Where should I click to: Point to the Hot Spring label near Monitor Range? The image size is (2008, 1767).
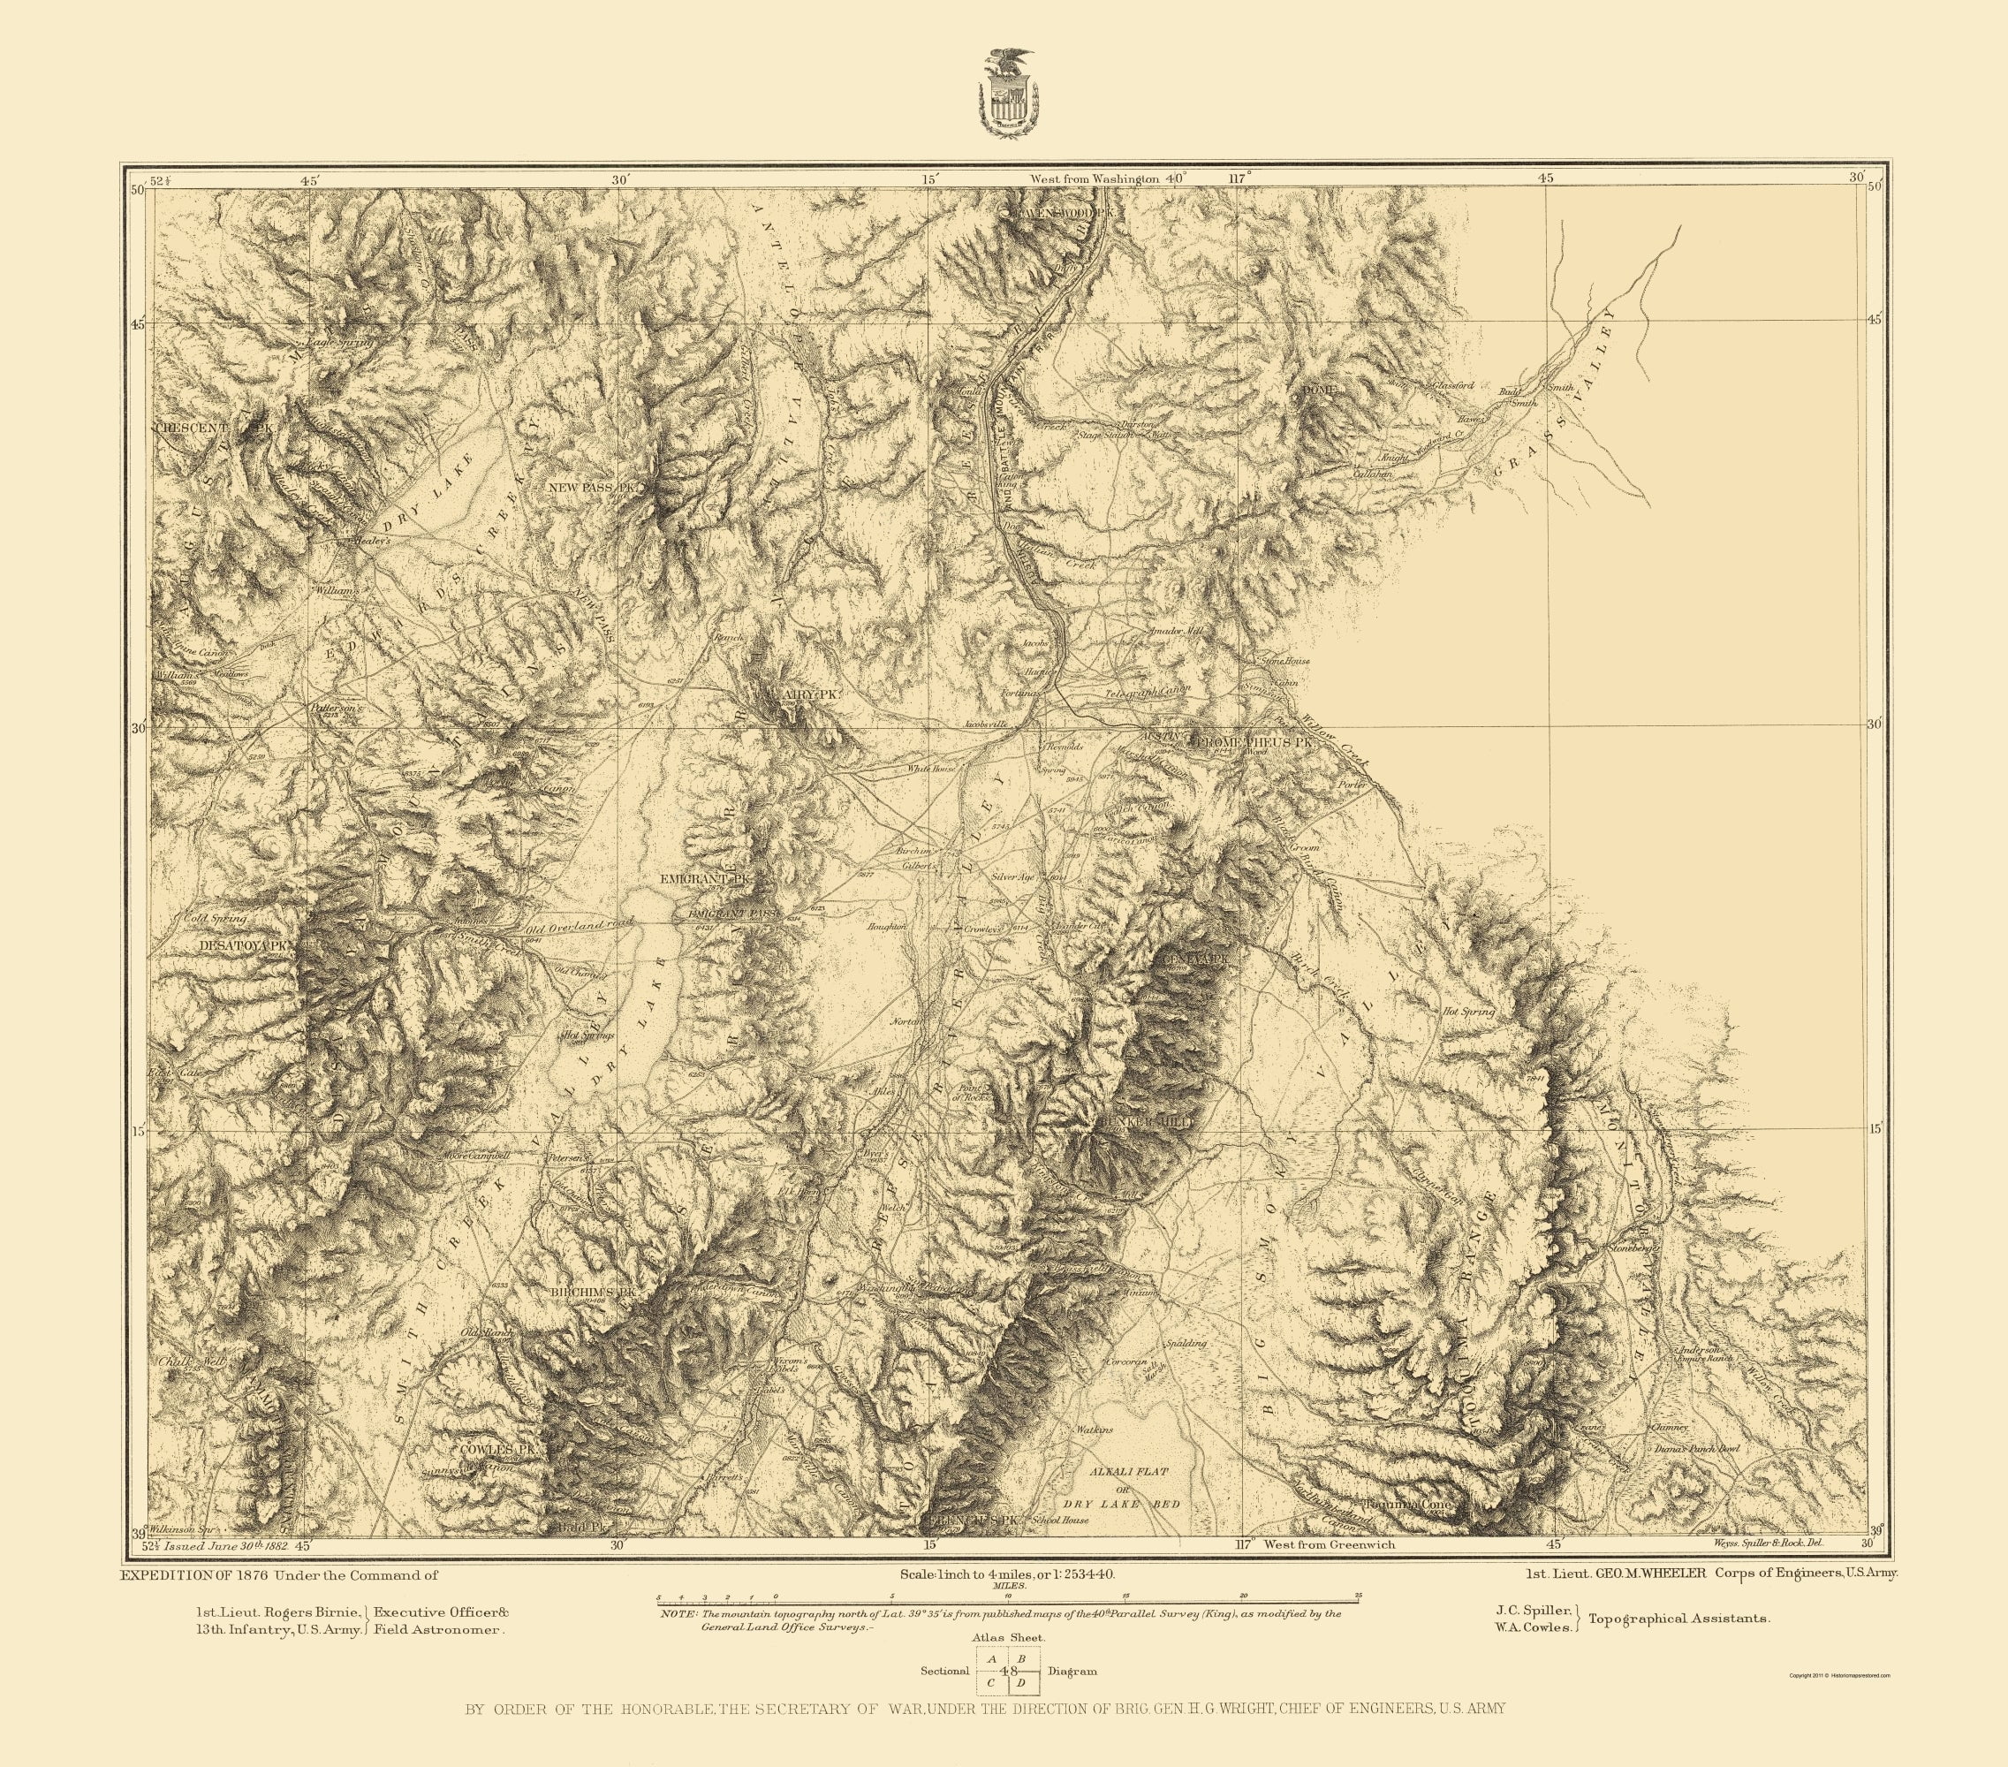(x=1467, y=1011)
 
